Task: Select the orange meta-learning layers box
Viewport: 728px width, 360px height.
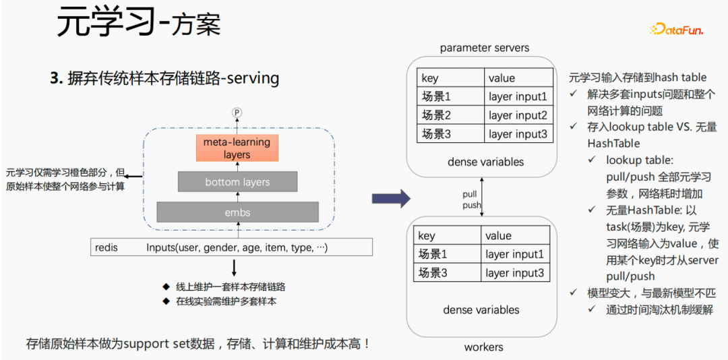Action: coord(237,148)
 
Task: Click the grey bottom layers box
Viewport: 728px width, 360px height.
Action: coord(237,182)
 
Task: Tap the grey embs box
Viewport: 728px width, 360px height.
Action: coord(237,212)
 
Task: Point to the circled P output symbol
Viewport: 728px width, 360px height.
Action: coord(237,113)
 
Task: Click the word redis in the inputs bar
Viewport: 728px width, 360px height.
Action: coord(107,247)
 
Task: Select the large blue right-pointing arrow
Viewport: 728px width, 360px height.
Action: coord(391,198)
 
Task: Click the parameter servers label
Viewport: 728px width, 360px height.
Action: coord(484,48)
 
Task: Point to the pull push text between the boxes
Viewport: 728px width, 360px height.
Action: coord(471,200)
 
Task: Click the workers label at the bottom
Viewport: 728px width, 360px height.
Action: coord(483,347)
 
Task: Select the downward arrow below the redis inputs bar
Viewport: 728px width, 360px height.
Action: coord(234,268)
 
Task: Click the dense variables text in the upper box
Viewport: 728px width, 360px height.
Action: coord(485,162)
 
